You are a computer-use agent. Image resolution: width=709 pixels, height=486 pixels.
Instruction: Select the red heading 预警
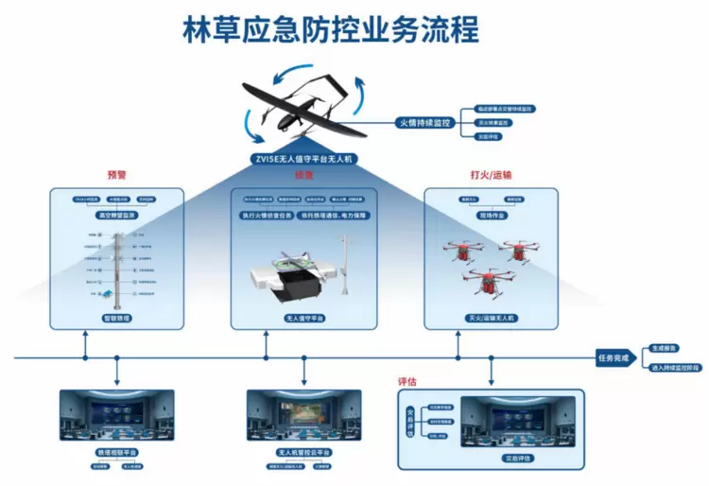point(116,176)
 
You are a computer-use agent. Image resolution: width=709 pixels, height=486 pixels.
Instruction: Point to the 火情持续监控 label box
point(423,123)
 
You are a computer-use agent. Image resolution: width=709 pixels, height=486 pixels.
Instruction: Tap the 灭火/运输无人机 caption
point(490,320)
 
